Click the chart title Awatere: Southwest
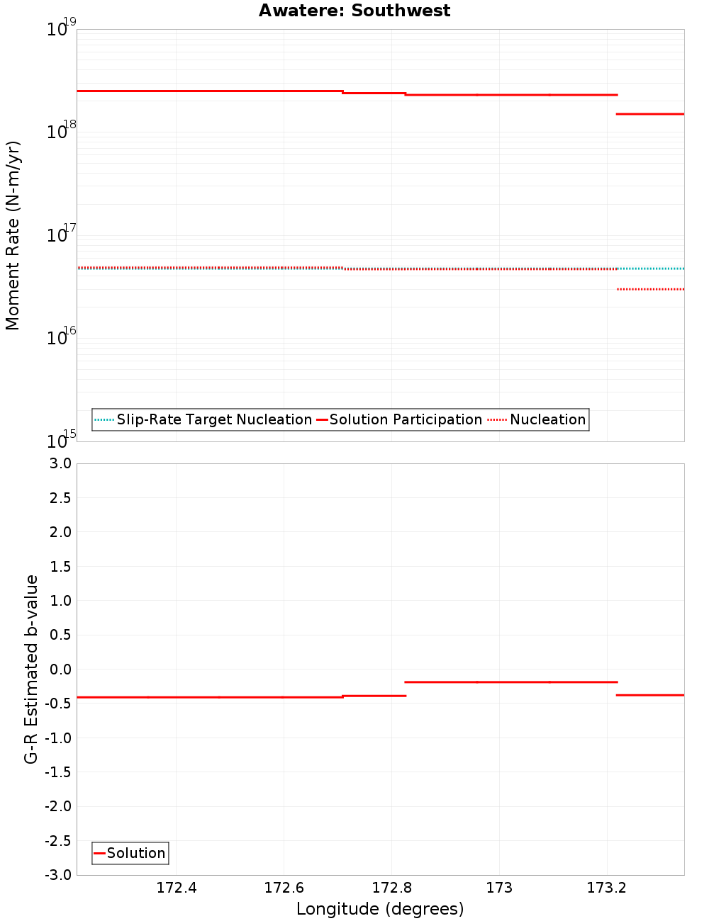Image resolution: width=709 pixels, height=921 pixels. click(354, 11)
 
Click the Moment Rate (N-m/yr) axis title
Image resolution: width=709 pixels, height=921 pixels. click(13, 235)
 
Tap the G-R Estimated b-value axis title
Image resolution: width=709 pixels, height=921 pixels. click(31, 669)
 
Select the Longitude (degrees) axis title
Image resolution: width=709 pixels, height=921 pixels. click(380, 909)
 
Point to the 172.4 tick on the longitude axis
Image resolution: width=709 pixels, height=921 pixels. click(177, 888)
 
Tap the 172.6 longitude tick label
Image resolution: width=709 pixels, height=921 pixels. click(284, 888)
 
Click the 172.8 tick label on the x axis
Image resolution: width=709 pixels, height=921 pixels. click(391, 888)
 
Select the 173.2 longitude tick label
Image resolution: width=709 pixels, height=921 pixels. click(607, 888)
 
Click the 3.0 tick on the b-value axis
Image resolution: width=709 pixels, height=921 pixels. click(60, 463)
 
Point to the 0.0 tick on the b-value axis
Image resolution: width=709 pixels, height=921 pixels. click(60, 669)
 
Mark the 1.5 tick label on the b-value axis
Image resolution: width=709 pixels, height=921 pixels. click(60, 566)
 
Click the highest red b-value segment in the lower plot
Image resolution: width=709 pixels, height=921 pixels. click(510, 682)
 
